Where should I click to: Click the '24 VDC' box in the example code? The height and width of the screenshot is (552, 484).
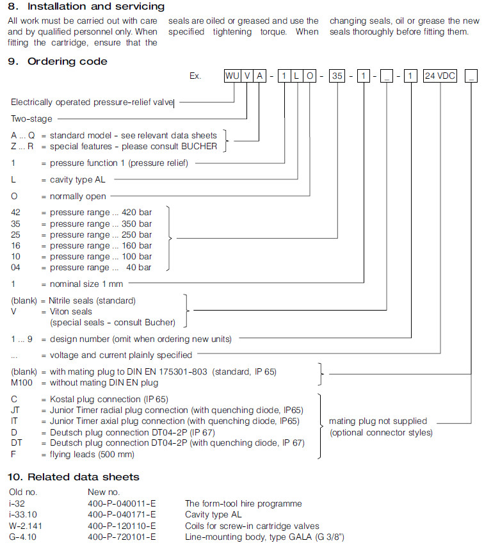440,76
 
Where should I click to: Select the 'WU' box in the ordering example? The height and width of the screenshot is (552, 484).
232,76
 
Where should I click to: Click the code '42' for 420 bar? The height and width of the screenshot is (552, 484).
17,213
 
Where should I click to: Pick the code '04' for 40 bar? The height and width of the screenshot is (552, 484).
17,268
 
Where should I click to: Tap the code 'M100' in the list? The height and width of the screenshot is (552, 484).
22,383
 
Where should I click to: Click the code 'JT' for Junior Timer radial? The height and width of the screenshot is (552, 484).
15,410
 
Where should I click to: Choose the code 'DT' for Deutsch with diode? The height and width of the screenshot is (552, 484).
16,443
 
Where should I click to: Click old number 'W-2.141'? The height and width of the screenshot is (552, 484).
24,526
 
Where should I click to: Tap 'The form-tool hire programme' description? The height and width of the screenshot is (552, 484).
243,504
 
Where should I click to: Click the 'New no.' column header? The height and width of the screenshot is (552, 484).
103,492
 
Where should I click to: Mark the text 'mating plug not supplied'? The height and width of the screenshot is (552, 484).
378,421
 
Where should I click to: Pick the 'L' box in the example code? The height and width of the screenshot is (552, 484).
296,76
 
